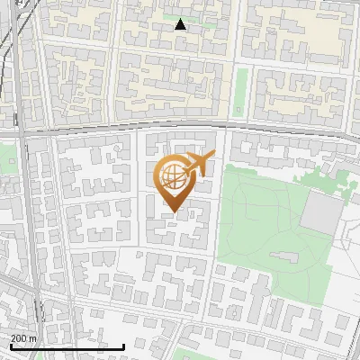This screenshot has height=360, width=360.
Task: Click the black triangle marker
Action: pyautogui.click(x=181, y=25)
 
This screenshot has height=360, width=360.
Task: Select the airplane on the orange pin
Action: pyautogui.click(x=197, y=165)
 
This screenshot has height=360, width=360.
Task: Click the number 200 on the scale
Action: pyautogui.click(x=21, y=338)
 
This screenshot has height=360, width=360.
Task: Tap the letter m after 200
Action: pyautogui.click(x=34, y=338)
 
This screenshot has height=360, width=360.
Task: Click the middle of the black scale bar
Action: pyautogui.click(x=67, y=346)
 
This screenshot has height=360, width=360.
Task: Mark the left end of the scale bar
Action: pyautogui.click(x=11, y=346)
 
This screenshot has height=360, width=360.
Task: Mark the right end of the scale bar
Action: pyautogui.click(x=123, y=346)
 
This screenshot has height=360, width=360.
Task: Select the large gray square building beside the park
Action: pyautogui.click(x=320, y=211)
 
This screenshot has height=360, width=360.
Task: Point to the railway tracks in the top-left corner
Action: pyautogui.click(x=9, y=36)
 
